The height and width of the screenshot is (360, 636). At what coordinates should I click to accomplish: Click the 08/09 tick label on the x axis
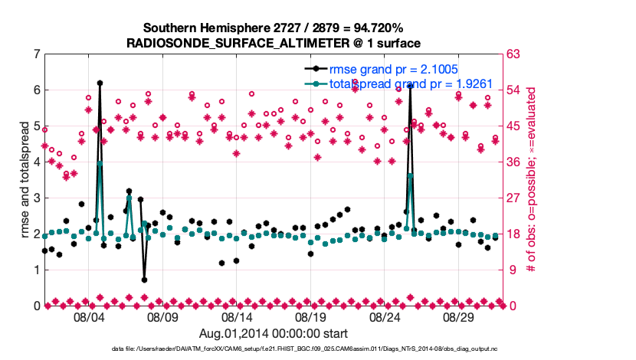pyautogui.click(x=162, y=316)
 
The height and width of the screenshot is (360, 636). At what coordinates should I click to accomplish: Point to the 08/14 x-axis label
pyautogui.click(x=237, y=316)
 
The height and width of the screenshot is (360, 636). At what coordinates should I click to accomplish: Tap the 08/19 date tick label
pyautogui.click(x=310, y=316)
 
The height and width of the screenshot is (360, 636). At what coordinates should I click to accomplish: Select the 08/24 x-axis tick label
pyautogui.click(x=385, y=316)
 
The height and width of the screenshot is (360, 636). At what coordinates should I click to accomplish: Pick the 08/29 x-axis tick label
pyautogui.click(x=458, y=316)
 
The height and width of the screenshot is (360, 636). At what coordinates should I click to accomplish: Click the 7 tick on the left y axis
pyautogui.click(x=37, y=54)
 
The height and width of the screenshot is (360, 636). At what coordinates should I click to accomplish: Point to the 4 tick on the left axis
pyautogui.click(x=37, y=162)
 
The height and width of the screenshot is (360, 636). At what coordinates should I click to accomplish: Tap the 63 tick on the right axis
pyautogui.click(x=516, y=54)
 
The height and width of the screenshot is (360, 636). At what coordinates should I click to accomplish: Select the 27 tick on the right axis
pyautogui.click(x=516, y=198)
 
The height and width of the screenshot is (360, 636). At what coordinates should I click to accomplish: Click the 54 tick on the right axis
pyautogui.click(x=516, y=90)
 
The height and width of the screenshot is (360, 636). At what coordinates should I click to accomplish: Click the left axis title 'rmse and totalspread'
pyautogui.click(x=25, y=180)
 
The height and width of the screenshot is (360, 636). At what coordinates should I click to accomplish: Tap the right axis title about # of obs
pyautogui.click(x=529, y=180)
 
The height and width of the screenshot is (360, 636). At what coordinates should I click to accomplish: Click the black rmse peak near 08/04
pyautogui.click(x=100, y=83)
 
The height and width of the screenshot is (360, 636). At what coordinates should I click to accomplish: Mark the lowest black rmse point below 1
pyautogui.click(x=144, y=280)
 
